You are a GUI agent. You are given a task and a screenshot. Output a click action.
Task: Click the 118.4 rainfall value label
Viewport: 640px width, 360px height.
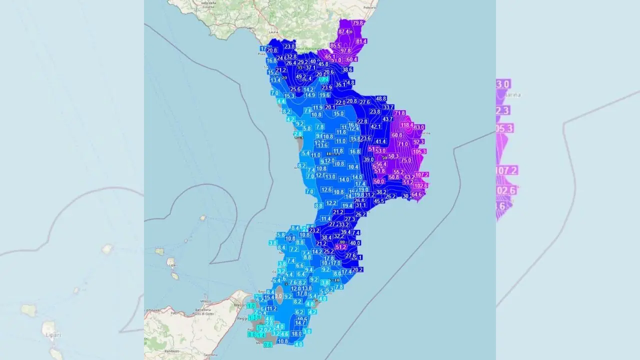click(406, 125)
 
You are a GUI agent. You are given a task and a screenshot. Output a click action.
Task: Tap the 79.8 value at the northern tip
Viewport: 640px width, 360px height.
click(358, 23)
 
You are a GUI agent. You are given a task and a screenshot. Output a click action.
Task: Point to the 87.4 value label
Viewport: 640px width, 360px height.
click(344, 31)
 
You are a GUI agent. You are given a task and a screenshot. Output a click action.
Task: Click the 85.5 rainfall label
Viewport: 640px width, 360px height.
click(335, 46)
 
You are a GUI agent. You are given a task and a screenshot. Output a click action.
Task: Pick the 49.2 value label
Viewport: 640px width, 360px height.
click(301, 76)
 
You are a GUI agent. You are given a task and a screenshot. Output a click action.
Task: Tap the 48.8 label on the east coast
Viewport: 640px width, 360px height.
click(381, 98)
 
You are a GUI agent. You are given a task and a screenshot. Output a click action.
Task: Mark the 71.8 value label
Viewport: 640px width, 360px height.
click(399, 113)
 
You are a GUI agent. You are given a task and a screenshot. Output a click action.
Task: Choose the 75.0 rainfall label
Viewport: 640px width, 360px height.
click(406, 160)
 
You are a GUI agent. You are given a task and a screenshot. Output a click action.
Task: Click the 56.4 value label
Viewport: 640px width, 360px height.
click(381, 164)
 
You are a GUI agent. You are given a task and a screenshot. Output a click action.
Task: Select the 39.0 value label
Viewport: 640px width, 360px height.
click(368, 159)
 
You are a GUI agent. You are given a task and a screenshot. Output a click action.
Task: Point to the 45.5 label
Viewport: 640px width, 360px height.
click(379, 201)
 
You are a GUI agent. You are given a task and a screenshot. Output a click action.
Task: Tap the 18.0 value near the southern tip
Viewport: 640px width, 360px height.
click(296, 333)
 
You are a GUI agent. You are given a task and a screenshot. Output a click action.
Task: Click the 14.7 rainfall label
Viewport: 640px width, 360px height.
click(300, 323)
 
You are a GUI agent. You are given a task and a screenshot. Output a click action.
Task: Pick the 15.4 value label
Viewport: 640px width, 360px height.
click(269, 297)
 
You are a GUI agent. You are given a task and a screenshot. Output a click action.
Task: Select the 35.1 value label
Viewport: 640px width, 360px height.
click(340, 84)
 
